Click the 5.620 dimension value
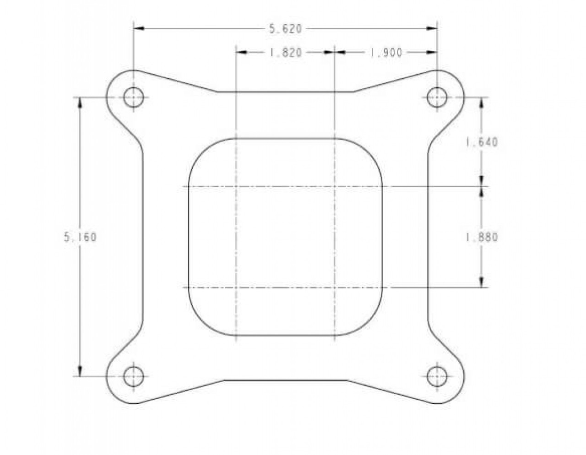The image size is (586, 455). [x=286, y=29]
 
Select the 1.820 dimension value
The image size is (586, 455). [x=286, y=53]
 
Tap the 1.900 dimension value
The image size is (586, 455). [x=386, y=53]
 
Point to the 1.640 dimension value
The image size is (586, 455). [x=481, y=142]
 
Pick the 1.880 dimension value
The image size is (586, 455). [x=481, y=238]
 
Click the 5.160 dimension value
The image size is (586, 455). [x=81, y=238]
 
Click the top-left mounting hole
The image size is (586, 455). [x=133, y=97]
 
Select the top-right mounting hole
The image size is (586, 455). [x=437, y=97]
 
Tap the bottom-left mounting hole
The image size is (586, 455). [x=133, y=376]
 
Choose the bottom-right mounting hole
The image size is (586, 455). [x=437, y=376]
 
